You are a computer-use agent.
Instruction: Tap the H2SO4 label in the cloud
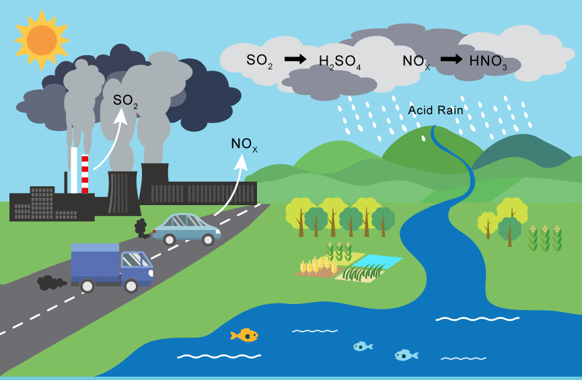coord(340,62)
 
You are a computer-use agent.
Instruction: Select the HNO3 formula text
coord(488,61)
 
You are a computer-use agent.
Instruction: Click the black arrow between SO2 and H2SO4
coord(295,59)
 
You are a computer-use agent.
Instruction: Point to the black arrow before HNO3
coord(451,59)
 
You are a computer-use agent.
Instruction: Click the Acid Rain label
coord(435,110)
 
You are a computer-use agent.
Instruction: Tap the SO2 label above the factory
coord(125,101)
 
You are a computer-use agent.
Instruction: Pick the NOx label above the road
coord(244,145)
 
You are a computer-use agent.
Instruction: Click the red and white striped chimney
coord(85,174)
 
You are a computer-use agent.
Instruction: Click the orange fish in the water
coord(245,334)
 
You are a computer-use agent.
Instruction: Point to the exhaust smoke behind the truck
coord(50,283)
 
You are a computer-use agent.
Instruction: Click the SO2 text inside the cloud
coord(259,61)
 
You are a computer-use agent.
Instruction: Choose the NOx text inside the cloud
coord(416,62)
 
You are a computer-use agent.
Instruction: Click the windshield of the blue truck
coord(139,260)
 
